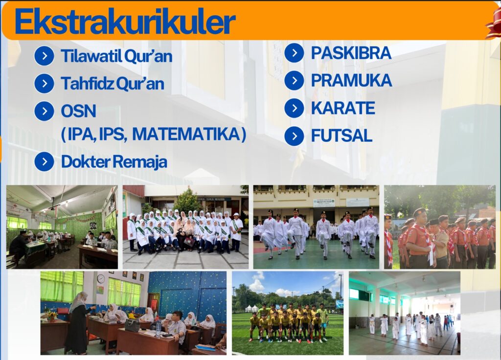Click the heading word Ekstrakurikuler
(x=125, y=22)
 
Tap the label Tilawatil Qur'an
(x=116, y=56)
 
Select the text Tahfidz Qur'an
(x=113, y=84)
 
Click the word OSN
(x=78, y=111)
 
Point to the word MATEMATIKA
(x=185, y=134)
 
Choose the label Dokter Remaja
(x=114, y=161)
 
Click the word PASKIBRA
(x=351, y=53)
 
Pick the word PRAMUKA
(x=351, y=80)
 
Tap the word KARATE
(x=343, y=108)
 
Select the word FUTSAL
(x=342, y=135)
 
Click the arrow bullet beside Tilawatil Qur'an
(x=44, y=56)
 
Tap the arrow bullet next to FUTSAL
(x=294, y=136)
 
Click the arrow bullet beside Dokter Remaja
(x=44, y=161)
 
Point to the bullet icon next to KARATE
(x=294, y=108)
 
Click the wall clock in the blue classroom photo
(x=101, y=279)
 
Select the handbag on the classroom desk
(x=132, y=325)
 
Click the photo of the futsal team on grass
(x=288, y=313)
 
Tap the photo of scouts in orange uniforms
(x=440, y=227)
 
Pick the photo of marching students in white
(x=316, y=227)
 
